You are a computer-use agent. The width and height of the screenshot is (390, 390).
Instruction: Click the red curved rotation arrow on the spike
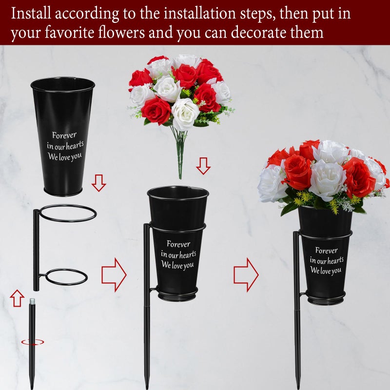click(x=32, y=342)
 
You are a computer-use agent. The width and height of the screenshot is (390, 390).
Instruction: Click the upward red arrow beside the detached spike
click(x=17, y=297)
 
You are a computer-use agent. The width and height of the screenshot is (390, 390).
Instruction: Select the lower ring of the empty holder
click(x=67, y=277)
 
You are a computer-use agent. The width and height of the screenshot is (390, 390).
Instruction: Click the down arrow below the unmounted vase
click(x=99, y=183)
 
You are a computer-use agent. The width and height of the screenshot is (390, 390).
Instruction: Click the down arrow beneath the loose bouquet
click(x=203, y=166)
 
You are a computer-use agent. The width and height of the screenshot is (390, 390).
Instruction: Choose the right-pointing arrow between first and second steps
click(x=114, y=275)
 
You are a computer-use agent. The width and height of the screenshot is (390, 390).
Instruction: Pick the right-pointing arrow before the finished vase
click(x=246, y=275)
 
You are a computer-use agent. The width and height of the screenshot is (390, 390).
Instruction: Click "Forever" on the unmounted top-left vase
click(x=64, y=136)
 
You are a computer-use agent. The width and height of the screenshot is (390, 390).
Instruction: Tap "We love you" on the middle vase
click(x=177, y=265)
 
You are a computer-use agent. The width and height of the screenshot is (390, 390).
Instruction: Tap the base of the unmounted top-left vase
click(x=63, y=192)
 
